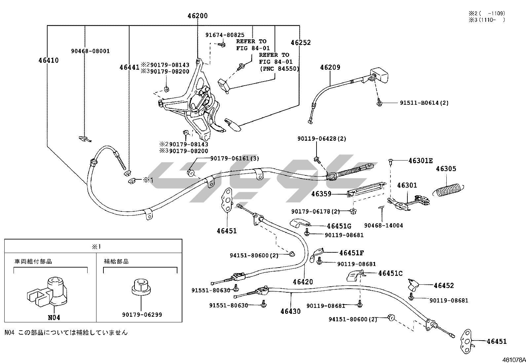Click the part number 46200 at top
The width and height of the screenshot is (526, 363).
(198, 16)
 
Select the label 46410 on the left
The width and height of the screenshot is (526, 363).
(49, 60)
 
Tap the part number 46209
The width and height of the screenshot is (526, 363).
(330, 67)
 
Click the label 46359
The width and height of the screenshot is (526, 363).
(321, 194)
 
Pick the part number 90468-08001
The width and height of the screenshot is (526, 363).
(90, 51)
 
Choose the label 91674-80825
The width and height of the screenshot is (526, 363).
(225, 35)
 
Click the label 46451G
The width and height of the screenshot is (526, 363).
(339, 226)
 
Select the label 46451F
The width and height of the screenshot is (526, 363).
(352, 253)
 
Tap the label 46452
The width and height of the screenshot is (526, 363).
(444, 286)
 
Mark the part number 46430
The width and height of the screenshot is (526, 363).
(290, 311)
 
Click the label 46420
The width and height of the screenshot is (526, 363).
(303, 282)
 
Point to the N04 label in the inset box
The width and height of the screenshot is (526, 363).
(54, 317)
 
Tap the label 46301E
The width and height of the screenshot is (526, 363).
(420, 161)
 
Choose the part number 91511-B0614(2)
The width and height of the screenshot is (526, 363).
(424, 103)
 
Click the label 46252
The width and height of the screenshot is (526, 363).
(301, 43)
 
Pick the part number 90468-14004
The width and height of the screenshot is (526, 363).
(383, 226)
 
